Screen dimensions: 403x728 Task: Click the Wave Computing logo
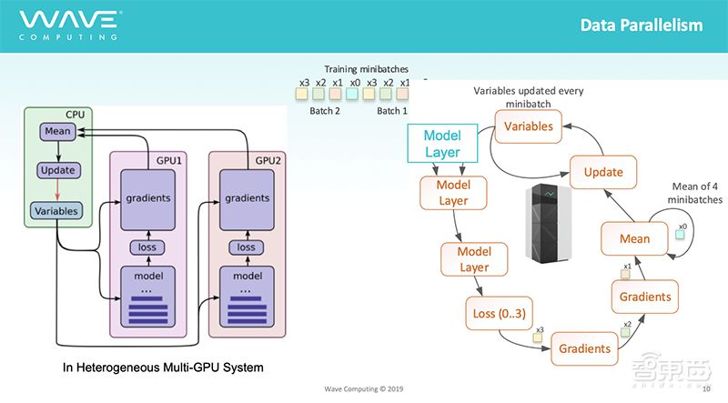tap(69, 24)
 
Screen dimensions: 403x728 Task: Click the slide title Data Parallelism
tap(642, 25)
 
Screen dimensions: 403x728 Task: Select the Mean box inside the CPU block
tap(57, 133)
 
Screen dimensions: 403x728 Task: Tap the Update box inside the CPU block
tap(57, 170)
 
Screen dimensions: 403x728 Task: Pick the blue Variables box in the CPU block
tap(57, 210)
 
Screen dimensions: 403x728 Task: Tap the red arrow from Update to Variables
tap(57, 190)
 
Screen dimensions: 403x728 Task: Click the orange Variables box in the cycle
tap(528, 126)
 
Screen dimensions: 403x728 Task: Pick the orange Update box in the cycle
tap(602, 172)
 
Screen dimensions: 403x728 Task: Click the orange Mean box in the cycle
tap(634, 238)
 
